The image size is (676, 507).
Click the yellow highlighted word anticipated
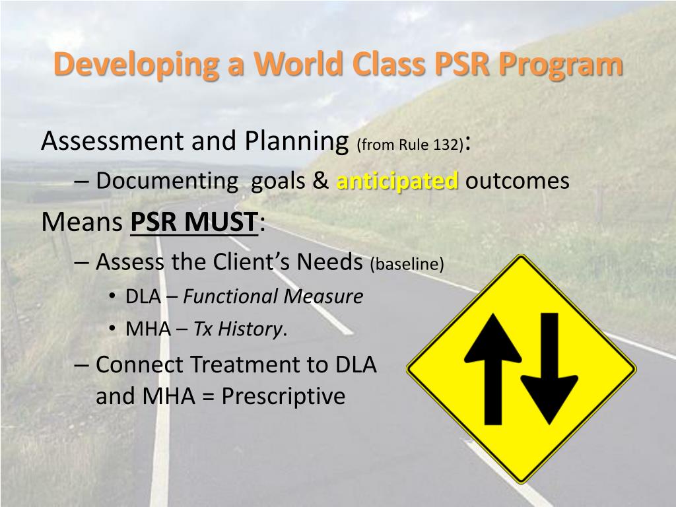coord(397,180)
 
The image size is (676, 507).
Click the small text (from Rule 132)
coord(409,145)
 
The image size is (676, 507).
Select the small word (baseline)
coord(407,264)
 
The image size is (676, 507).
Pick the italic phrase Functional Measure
coord(273,296)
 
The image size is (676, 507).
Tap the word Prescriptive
coord(283,396)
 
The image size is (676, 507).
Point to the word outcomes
coord(517,180)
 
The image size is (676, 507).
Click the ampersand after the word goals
coord(321,180)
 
